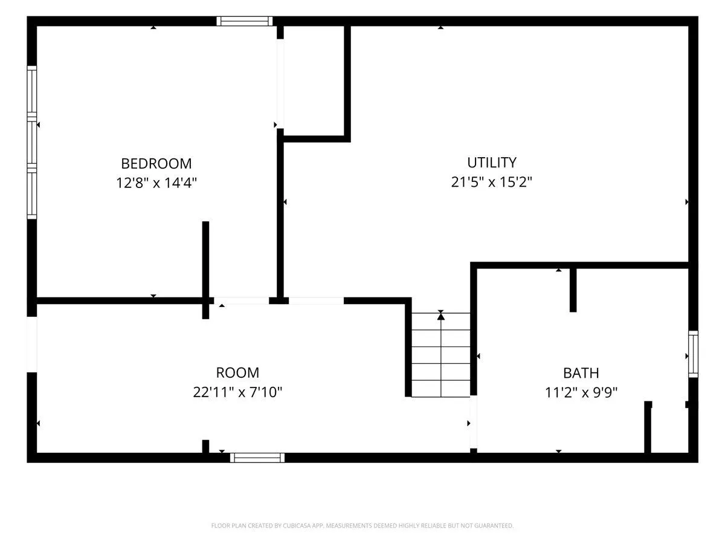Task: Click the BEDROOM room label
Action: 156,163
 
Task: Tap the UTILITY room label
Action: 491,163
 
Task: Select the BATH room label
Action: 581,373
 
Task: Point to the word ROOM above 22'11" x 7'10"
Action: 237,373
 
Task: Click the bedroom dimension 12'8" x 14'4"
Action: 156,183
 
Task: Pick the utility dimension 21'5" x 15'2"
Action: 491,182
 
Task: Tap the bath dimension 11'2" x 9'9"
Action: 581,393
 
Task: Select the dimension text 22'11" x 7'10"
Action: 237,392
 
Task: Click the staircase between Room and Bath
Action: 440,354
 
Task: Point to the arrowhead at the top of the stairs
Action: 440,316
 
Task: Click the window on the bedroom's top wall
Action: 245,21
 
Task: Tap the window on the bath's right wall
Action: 694,354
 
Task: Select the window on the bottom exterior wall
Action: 257,458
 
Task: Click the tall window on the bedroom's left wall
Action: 31,143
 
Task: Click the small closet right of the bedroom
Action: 314,80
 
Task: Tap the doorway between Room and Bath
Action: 473,422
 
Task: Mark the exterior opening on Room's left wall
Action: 31,345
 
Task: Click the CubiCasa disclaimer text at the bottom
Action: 362,525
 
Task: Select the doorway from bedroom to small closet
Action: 280,84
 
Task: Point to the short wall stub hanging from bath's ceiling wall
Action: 573,290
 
